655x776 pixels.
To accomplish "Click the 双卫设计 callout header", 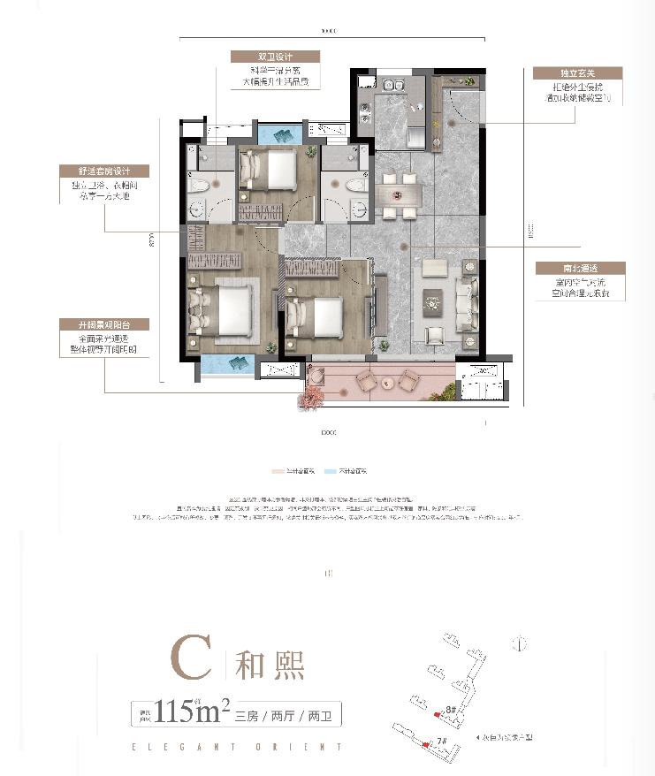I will click(274, 56).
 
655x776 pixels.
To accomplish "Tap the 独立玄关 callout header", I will click(579, 73).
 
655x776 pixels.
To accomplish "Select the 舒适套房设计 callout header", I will click(104, 171).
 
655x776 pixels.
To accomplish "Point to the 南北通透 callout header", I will click(580, 268).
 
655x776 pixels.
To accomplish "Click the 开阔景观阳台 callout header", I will click(104, 324).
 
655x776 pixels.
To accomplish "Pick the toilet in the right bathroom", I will click(358, 185).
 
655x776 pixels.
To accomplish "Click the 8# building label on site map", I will click(451, 709).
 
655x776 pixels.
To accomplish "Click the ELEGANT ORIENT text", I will click(235, 747).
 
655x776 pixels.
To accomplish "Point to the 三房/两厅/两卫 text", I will click(288, 712).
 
